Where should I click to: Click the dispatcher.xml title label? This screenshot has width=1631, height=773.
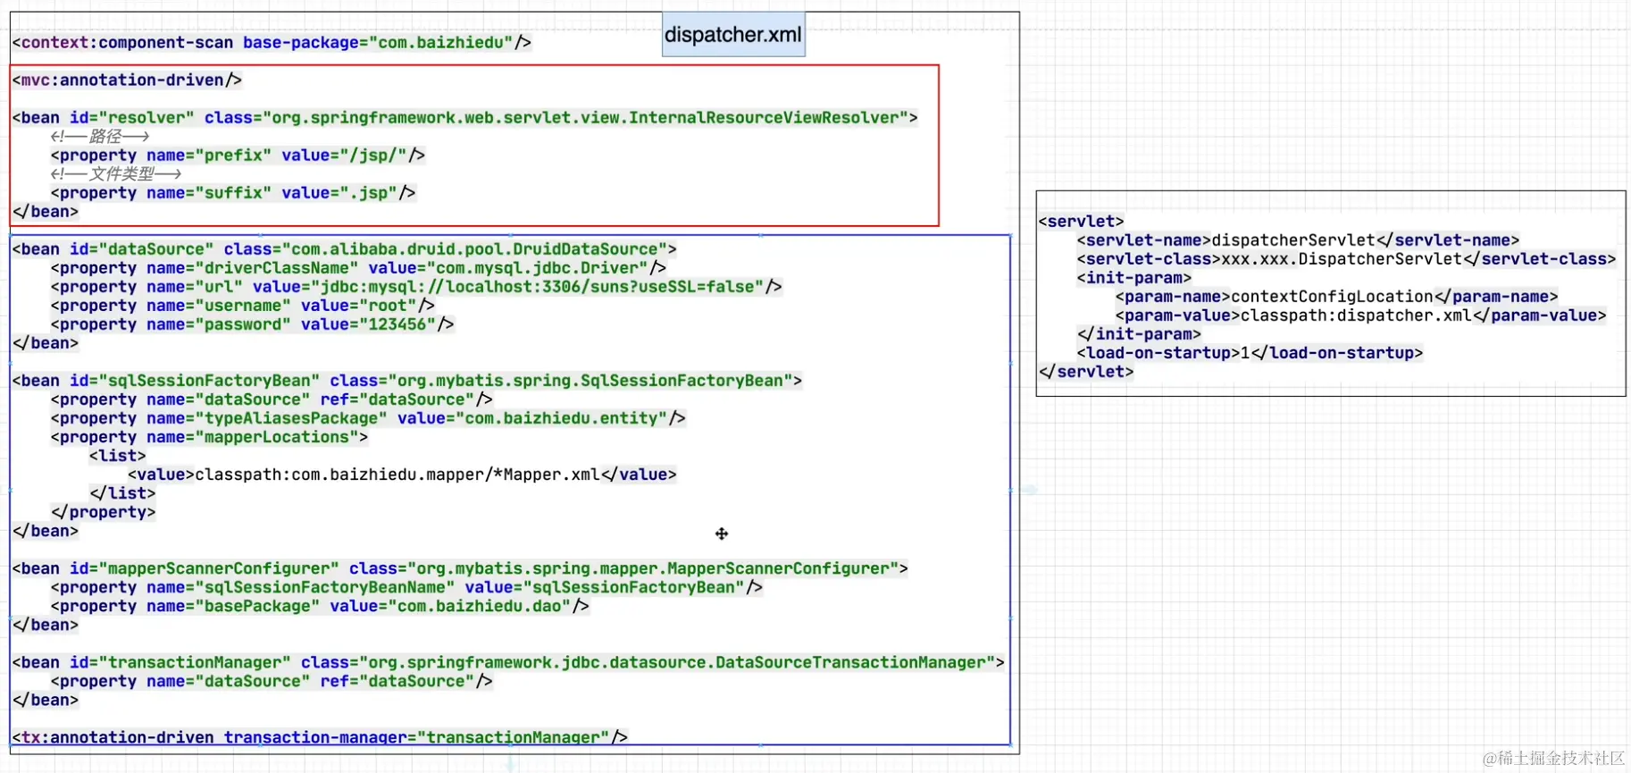[732, 35]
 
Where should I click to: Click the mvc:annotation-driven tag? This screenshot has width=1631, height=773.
[127, 80]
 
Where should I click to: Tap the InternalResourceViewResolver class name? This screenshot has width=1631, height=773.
[768, 118]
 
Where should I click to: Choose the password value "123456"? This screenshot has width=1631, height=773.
[397, 324]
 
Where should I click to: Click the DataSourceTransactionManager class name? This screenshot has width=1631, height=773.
[849, 662]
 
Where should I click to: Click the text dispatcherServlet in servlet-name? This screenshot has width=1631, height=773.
[1292, 240]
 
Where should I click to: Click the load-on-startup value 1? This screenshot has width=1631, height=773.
[1245, 353]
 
